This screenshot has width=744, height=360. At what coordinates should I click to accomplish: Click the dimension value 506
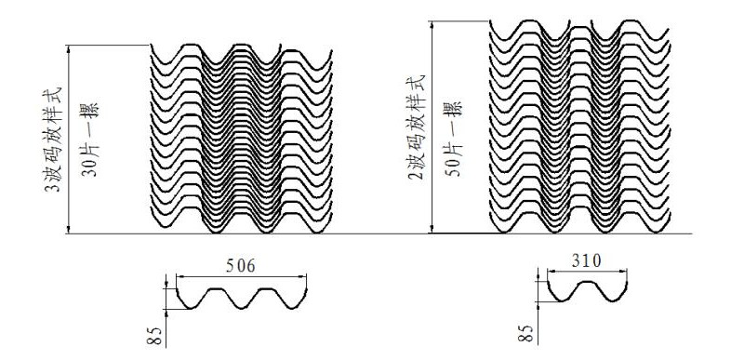[241, 266]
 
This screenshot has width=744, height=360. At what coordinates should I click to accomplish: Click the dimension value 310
[586, 260]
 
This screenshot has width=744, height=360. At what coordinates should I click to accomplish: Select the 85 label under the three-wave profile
[156, 335]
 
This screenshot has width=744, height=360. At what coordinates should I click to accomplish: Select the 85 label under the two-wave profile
[525, 333]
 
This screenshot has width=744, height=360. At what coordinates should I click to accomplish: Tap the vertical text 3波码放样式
[53, 139]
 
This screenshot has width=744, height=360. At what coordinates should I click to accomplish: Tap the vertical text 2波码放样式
[416, 127]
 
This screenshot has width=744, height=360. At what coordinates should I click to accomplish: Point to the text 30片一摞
[89, 139]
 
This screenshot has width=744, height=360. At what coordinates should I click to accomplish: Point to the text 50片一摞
[452, 139]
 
